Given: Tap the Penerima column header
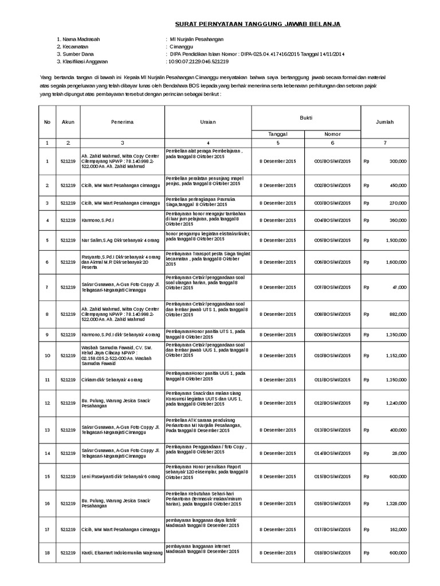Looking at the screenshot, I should point(123,122).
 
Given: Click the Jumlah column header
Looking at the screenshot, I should point(384,122).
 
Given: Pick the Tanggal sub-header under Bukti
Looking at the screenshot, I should point(277,133).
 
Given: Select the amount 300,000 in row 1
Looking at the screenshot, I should point(398,162).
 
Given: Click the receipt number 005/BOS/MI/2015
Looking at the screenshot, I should point(332,241).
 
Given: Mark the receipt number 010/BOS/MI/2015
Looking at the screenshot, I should point(332,355).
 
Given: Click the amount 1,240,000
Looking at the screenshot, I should point(395,403).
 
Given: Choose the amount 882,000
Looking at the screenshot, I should point(397,314).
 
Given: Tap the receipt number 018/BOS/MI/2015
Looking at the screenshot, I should point(332,553).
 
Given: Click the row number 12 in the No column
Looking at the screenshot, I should point(48,403).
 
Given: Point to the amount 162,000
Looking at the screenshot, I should point(397,530).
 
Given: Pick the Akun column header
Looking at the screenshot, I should point(68,122).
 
